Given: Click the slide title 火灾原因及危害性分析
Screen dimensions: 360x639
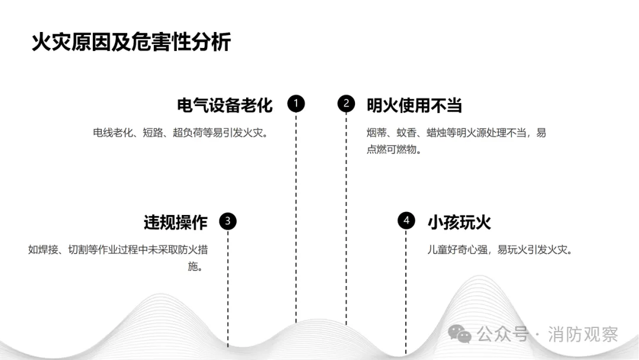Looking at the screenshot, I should point(131,43).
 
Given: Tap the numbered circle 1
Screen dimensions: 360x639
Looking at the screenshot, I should point(296,104).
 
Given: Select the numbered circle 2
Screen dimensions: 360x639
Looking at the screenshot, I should point(346,104).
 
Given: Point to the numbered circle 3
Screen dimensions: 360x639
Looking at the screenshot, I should point(228,222).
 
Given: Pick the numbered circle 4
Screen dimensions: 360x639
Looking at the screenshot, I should point(406,221).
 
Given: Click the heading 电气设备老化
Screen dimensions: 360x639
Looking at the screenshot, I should point(225,105).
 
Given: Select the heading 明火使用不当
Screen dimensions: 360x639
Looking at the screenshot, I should point(414,105).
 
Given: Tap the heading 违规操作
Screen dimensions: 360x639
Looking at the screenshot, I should point(175,222).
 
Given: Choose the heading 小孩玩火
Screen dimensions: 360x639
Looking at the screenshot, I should point(459,222).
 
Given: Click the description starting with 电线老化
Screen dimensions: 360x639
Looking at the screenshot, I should point(181,133).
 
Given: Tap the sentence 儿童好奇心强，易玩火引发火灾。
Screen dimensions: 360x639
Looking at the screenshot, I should point(500,249).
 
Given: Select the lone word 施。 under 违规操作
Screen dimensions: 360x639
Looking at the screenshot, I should point(196,266).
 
